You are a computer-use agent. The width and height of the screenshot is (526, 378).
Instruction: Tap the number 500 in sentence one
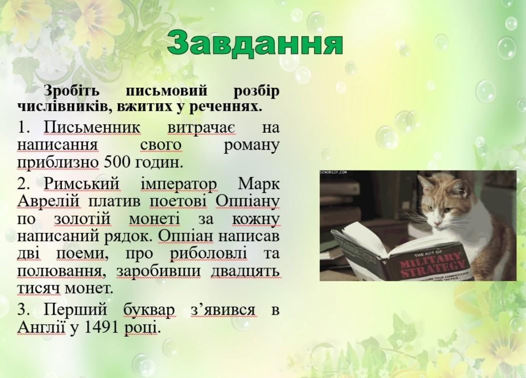click(x=117, y=163)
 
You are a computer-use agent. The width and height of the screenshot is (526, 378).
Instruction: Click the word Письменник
click(x=92, y=128)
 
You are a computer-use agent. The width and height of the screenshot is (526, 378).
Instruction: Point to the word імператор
click(x=179, y=185)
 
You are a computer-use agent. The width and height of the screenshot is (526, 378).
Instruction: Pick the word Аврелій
click(x=48, y=202)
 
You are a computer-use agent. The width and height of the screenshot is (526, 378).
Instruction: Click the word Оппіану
click(x=247, y=202)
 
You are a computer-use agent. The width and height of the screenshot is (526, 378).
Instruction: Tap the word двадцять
click(x=245, y=272)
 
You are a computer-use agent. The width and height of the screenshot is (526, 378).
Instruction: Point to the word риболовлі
click(x=208, y=254)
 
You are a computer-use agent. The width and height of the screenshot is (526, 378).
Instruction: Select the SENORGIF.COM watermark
click(x=333, y=172)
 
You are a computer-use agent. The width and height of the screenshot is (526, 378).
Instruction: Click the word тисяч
click(x=39, y=289)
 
